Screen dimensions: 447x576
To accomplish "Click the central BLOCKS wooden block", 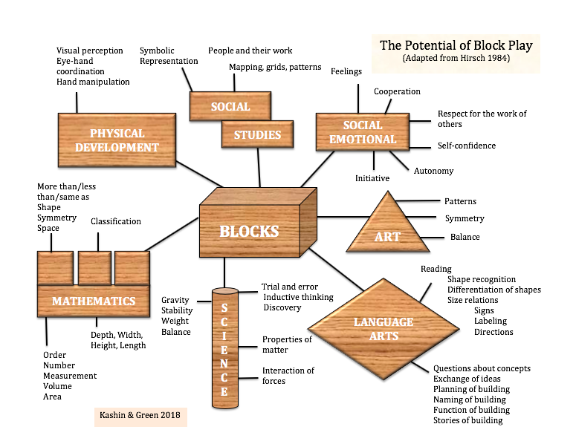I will click(249, 230).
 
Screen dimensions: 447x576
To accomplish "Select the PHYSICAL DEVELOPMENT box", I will click(117, 140).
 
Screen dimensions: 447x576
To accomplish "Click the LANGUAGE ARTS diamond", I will click(383, 329).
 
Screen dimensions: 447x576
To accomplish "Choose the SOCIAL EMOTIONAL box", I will click(363, 132).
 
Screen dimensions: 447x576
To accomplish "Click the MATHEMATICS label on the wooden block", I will click(94, 301).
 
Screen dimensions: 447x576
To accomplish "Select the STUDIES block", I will click(257, 134).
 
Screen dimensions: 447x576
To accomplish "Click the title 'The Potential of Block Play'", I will click(456, 45).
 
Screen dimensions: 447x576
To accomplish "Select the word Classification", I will click(116, 221).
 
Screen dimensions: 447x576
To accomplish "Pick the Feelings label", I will click(346, 72).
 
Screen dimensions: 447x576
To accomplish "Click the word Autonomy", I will click(433, 171).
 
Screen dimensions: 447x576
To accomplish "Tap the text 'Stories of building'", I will click(467, 420).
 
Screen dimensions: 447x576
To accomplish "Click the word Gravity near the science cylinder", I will click(176, 301).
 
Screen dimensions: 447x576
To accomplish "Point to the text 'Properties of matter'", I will click(286, 345).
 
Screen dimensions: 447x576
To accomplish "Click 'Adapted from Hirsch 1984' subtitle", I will click(456, 58).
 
